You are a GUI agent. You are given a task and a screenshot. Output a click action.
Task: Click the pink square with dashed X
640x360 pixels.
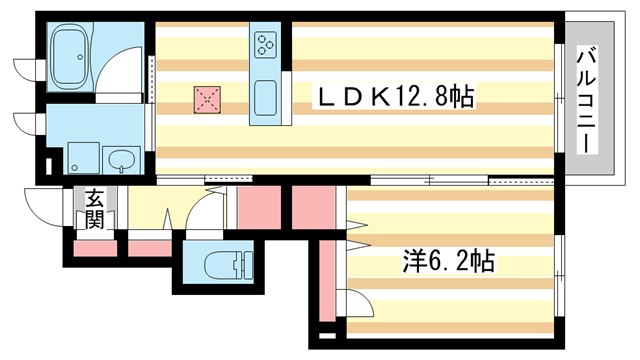tap(206, 98)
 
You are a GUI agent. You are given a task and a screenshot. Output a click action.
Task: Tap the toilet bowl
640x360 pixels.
tap(222, 265)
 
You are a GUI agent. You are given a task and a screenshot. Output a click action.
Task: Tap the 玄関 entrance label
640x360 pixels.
tap(93, 210)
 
